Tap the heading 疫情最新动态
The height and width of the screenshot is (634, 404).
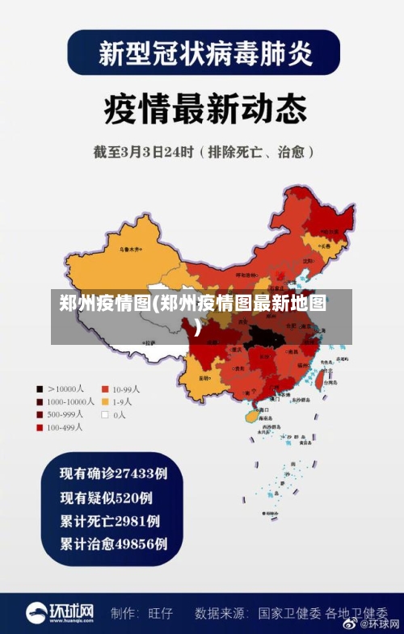[x=202, y=109]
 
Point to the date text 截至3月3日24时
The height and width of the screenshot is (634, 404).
[x=145, y=152]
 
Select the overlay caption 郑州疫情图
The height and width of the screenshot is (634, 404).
[x=194, y=304]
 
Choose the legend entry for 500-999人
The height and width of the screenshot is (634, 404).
[x=61, y=414]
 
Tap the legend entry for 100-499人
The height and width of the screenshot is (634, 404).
[x=61, y=427]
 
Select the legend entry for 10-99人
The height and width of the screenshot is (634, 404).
[x=121, y=388]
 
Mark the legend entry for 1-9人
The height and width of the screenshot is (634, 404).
[x=117, y=401]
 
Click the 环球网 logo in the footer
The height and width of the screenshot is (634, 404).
[x=61, y=612]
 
